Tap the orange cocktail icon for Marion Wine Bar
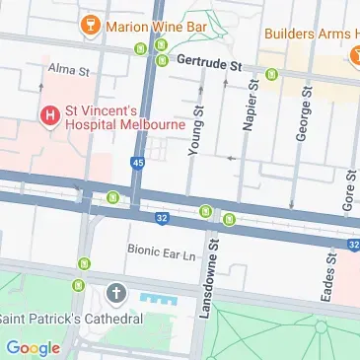91,23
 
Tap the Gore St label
349,183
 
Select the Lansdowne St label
208,287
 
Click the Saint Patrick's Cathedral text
71,319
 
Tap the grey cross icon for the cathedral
116,294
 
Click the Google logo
33,347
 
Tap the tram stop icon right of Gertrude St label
272,73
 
